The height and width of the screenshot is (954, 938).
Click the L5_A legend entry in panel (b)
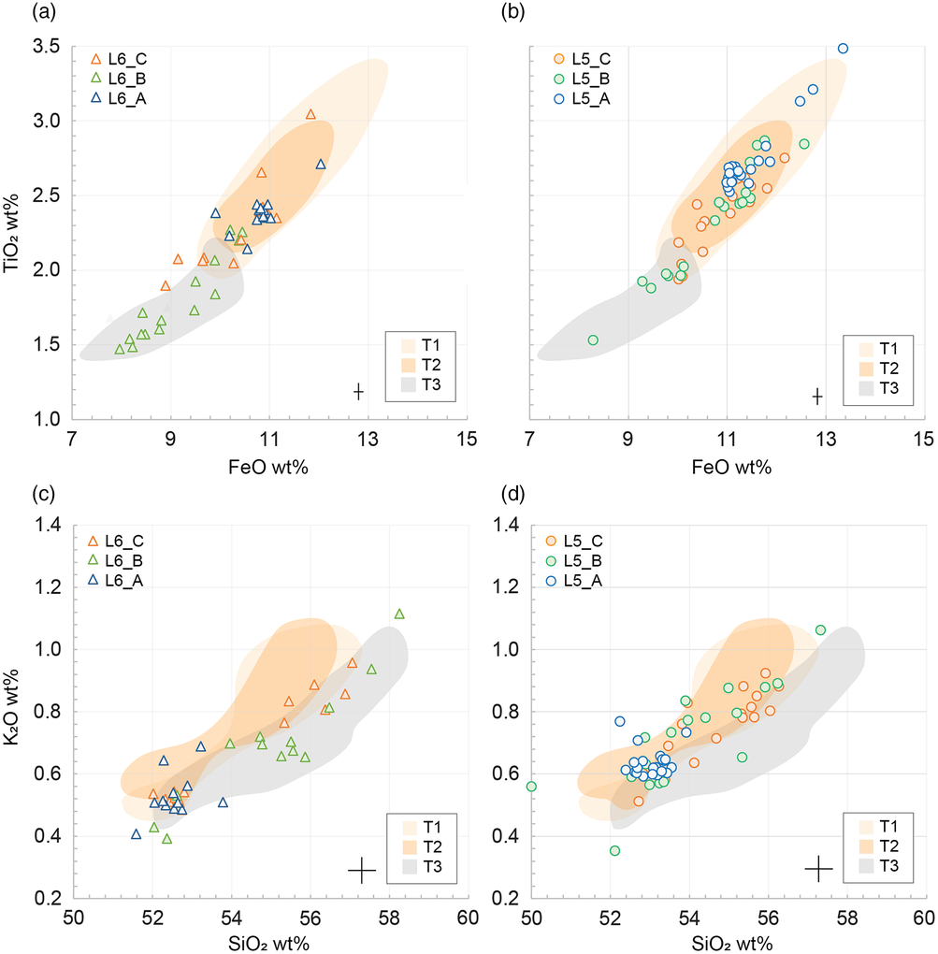[x=577, y=98]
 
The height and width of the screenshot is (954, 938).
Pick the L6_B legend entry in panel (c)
[x=116, y=561]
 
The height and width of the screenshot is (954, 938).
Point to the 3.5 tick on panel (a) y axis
[x=49, y=47]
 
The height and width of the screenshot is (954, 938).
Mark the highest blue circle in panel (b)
[x=843, y=48]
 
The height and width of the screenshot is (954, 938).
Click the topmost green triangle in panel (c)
[x=399, y=614]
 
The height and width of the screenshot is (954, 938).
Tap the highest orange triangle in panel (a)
[x=310, y=114]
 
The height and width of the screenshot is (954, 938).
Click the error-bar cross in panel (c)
[x=361, y=870]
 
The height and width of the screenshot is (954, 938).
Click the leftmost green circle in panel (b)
[x=593, y=340]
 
